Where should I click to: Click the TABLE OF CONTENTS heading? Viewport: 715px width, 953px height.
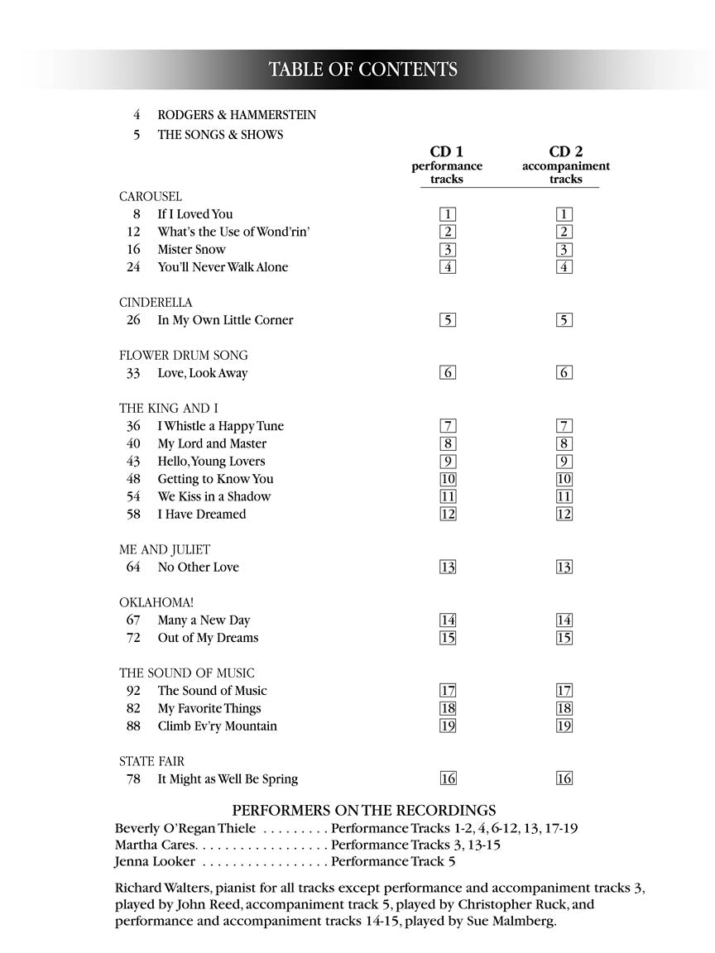coord(362,69)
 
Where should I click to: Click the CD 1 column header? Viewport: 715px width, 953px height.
coord(446,152)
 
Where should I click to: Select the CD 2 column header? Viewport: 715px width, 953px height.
coord(565,152)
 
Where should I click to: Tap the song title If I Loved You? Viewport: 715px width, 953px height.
coord(195,214)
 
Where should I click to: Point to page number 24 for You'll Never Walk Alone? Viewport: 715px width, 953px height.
coord(133,267)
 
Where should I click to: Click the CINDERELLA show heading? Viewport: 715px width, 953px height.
coord(156,303)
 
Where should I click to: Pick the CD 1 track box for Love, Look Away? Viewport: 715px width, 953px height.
coord(447,373)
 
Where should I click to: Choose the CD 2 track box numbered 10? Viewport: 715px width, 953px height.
coord(564,479)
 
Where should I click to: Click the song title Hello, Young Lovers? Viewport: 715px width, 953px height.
coord(211,462)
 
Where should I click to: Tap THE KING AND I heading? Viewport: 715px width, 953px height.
coord(169,409)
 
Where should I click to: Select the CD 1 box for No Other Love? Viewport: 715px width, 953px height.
coord(447,567)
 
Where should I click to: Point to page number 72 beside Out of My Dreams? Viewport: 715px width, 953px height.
coord(133,638)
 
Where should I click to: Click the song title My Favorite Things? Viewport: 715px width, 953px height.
coord(209,709)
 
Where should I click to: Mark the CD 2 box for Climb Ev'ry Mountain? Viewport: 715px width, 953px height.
coord(564,726)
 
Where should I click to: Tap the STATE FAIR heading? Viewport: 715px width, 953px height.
coord(151,761)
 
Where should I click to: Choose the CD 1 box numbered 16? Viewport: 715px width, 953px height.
coord(447,779)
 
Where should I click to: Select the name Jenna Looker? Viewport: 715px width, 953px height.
coord(156,861)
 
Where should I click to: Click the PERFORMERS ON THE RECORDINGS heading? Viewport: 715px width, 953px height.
coord(364,810)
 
